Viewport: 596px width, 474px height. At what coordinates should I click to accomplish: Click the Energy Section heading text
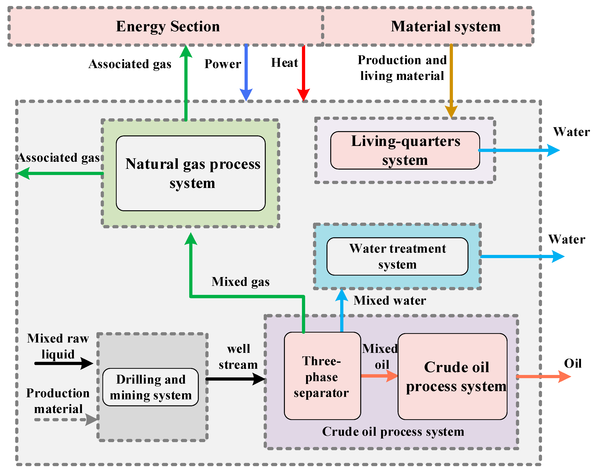click(x=168, y=27)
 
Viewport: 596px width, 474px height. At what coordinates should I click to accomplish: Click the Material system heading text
click(x=445, y=27)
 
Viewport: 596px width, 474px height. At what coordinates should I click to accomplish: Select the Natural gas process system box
click(x=191, y=173)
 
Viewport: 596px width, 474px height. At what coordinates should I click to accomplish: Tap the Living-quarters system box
click(x=405, y=150)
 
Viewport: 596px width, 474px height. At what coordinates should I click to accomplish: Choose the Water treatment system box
click(x=397, y=256)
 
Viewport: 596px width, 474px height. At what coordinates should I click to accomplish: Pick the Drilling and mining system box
click(x=151, y=387)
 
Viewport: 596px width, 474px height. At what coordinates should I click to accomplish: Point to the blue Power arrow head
click(x=246, y=95)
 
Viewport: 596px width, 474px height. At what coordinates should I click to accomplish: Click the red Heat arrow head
click(x=303, y=95)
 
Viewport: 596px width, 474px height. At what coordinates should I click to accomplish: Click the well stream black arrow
click(x=235, y=379)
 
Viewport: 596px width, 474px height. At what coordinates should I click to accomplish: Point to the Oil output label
click(x=573, y=363)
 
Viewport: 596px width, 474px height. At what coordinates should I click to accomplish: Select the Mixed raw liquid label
click(x=58, y=346)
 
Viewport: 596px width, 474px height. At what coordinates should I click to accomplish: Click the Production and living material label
click(x=402, y=68)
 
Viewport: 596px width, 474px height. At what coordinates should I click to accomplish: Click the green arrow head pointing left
click(x=23, y=173)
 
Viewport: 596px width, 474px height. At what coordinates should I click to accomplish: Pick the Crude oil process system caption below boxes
click(x=393, y=432)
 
